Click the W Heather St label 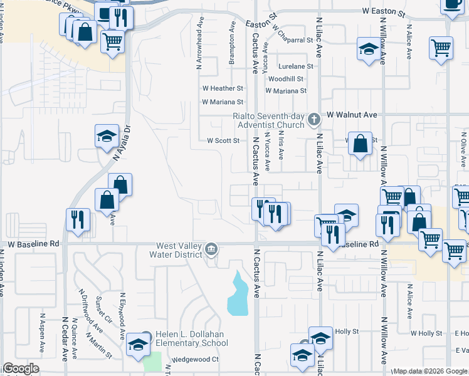[x=222, y=89]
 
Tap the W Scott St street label [x=223, y=141]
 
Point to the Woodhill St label [x=285, y=79]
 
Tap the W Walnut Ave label [x=351, y=115]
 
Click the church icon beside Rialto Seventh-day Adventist [x=317, y=117]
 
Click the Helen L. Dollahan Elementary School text [x=192, y=339]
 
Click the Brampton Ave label [x=231, y=43]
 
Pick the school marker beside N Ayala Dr [x=107, y=135]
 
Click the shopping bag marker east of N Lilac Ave [x=361, y=144]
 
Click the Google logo [x=21, y=369]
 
